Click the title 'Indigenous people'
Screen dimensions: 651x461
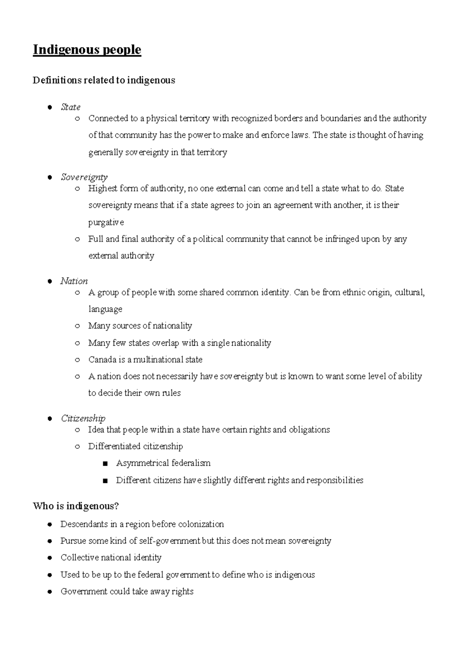click(87, 50)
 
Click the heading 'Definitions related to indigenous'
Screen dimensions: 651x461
click(104, 80)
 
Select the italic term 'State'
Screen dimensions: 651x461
click(70, 107)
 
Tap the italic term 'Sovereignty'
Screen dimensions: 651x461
click(84, 177)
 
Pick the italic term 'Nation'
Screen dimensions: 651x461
click(74, 281)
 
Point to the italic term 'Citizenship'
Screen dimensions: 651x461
click(83, 418)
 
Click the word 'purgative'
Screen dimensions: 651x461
click(106, 222)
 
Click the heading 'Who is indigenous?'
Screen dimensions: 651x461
click(76, 506)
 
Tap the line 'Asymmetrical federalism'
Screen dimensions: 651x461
click(163, 463)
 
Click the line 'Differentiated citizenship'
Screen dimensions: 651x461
click(135, 447)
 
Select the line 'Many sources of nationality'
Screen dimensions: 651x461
click(140, 326)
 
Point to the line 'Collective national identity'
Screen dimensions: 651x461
click(111, 557)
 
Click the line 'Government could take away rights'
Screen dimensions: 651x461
click(127, 592)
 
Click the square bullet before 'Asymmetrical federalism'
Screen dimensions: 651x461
click(106, 464)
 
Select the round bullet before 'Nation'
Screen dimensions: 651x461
click(50, 282)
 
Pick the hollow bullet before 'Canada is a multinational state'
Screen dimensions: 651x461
click(78, 360)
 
